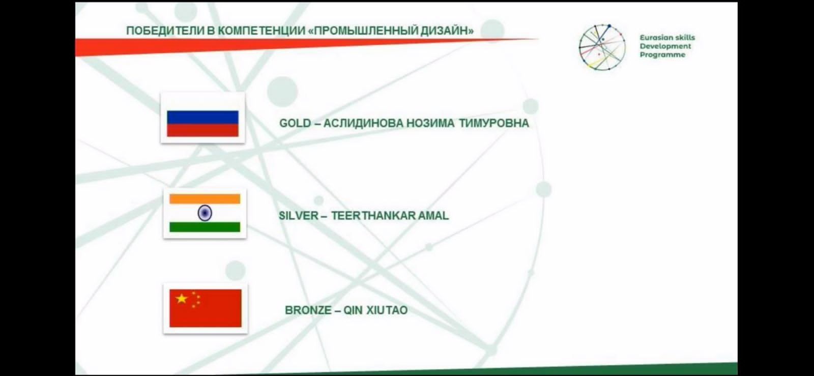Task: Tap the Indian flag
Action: click(x=205, y=213)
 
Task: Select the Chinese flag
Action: click(x=206, y=308)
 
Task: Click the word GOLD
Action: click(x=295, y=123)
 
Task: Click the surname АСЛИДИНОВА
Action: click(x=363, y=123)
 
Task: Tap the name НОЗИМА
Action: click(x=430, y=123)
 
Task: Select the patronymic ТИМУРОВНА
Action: click(x=494, y=123)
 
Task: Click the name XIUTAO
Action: click(x=387, y=310)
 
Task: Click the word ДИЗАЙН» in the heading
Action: click(x=447, y=31)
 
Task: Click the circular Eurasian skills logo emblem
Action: click(x=602, y=47)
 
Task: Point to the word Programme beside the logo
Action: click(x=662, y=55)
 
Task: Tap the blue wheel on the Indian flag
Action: click(x=205, y=213)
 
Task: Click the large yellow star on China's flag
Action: click(x=181, y=299)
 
